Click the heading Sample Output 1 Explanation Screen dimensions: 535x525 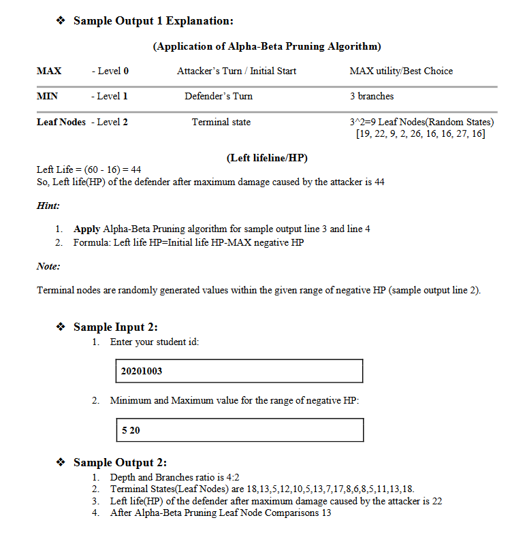click(153, 21)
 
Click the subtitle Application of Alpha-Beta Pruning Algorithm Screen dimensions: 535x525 click(266, 46)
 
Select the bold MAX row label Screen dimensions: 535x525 click(49, 71)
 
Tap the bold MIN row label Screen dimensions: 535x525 click(47, 96)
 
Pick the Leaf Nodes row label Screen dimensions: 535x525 click(61, 122)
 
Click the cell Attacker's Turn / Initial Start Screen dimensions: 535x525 click(236, 71)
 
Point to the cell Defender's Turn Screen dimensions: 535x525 click(219, 96)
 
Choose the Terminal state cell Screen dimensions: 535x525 click(221, 122)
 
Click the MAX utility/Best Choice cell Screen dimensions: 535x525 click(400, 71)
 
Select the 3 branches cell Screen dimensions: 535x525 click(372, 96)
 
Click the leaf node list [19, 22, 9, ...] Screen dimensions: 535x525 click(420, 133)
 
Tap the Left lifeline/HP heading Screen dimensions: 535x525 click(266, 158)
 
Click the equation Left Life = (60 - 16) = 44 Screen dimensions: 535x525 click(89, 169)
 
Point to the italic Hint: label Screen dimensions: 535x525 click(48, 205)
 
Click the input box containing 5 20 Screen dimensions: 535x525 click(240, 430)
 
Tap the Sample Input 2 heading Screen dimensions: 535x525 click(116, 327)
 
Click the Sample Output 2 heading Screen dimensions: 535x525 click(120, 463)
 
